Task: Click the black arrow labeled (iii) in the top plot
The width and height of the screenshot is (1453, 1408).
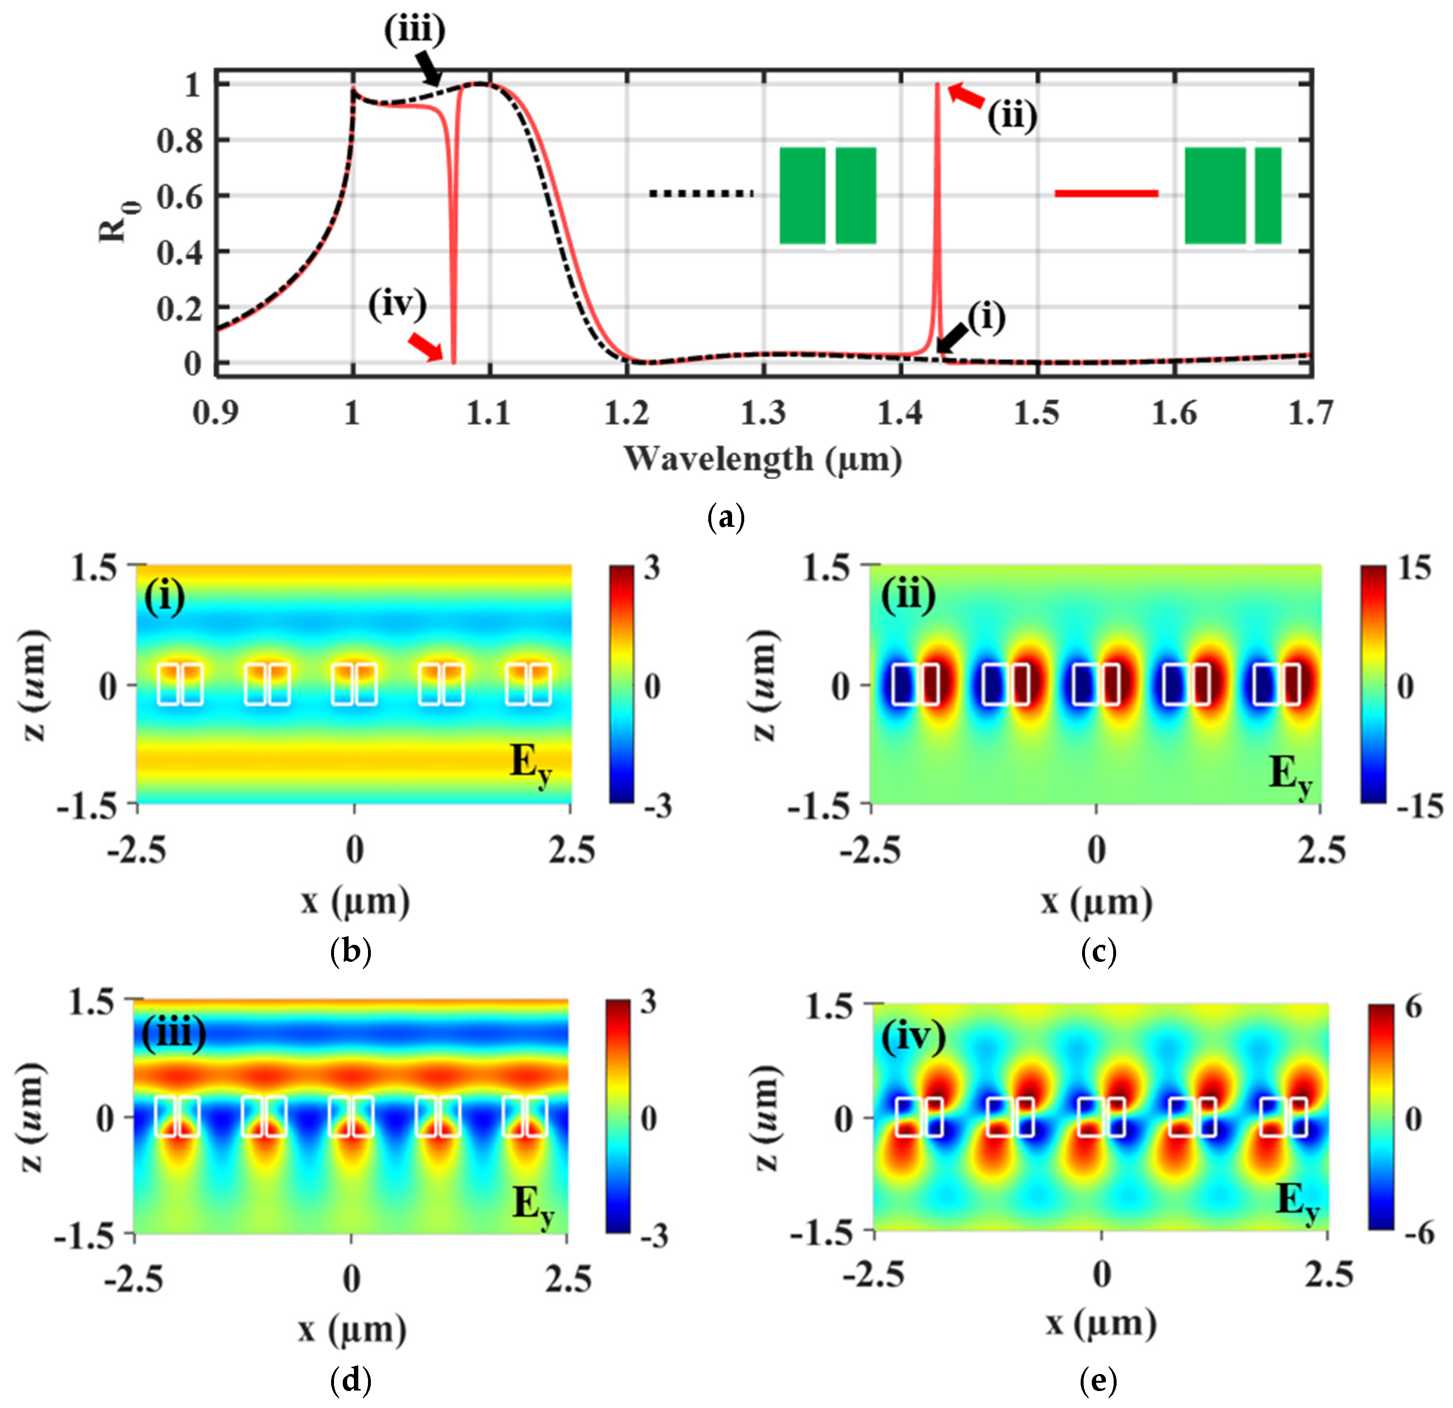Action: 429,69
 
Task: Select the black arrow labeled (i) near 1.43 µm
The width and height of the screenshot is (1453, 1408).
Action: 952,338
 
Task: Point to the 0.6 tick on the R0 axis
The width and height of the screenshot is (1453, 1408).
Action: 180,197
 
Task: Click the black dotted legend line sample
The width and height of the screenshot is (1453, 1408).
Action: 701,194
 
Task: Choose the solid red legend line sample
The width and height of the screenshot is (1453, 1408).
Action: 1106,194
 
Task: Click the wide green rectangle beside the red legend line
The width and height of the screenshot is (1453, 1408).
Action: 1214,196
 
